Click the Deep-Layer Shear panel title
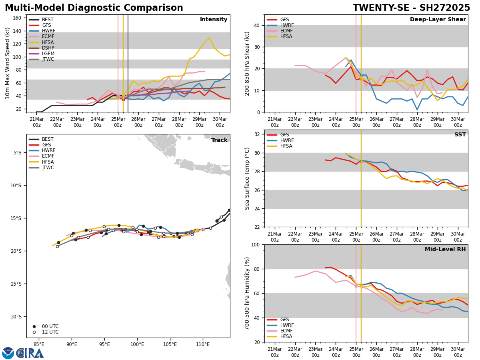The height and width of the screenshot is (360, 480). click(x=438, y=20)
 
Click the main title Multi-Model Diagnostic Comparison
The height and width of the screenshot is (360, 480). click(x=94, y=8)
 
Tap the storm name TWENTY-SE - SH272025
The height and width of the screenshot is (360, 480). click(x=411, y=8)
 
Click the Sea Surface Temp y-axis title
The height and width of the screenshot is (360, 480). click(x=247, y=178)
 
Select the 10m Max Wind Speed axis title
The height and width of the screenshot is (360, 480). click(x=8, y=63)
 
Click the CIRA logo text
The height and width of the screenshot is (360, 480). click(x=30, y=353)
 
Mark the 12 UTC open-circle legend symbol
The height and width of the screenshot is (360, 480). click(x=34, y=332)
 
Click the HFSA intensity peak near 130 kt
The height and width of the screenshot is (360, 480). click(x=209, y=38)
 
